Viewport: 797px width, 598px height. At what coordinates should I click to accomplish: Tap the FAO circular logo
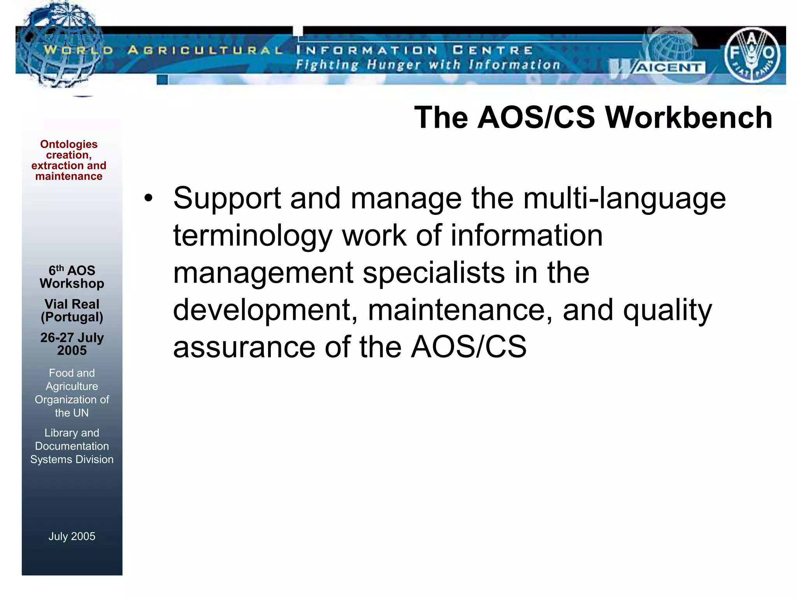tap(752, 55)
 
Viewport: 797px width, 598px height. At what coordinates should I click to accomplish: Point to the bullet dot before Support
tap(148, 198)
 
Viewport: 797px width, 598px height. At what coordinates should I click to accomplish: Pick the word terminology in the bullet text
tap(252, 236)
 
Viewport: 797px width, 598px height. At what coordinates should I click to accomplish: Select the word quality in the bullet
tap(667, 310)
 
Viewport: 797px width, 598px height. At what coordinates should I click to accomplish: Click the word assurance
tap(244, 347)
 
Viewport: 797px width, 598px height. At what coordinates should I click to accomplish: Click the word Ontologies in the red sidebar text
tap(69, 144)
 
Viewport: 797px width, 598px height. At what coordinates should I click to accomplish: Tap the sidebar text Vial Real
tap(72, 304)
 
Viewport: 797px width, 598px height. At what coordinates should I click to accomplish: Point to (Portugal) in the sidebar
tap(72, 317)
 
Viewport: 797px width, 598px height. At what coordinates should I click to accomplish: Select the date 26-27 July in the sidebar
tap(72, 337)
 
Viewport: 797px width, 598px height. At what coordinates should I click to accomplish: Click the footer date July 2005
tap(72, 536)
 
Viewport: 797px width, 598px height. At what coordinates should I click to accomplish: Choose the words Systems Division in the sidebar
tap(72, 459)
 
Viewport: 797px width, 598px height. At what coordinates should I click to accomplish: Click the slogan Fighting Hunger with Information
tap(427, 65)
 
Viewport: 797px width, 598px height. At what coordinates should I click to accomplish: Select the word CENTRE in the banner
tap(492, 50)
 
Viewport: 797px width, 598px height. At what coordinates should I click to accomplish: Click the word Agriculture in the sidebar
tap(72, 386)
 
